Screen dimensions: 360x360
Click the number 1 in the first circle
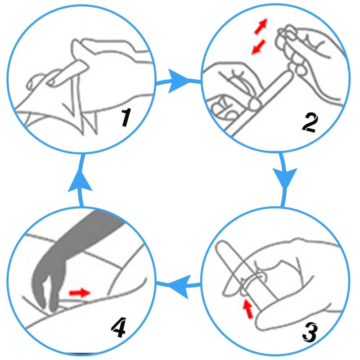point(126,117)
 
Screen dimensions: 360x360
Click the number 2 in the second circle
point(310,122)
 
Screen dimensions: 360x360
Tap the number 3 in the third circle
point(310,332)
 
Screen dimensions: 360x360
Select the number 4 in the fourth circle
point(119,328)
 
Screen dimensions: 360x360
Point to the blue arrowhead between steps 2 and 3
point(285,178)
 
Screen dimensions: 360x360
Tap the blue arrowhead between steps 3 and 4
point(180,286)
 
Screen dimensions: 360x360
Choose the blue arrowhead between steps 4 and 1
point(80,181)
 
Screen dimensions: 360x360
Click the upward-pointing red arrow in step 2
point(261,27)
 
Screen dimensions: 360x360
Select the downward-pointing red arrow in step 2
point(258,47)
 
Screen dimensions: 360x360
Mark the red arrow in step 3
point(248,309)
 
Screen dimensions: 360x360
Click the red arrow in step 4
point(80,293)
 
